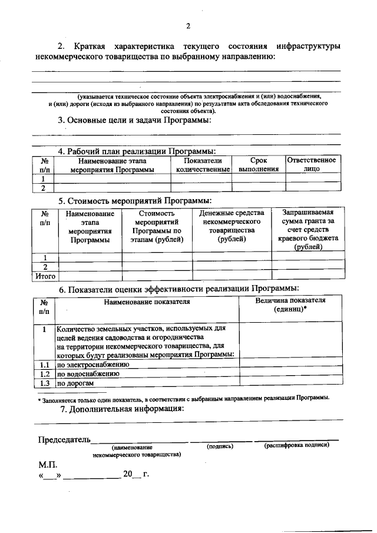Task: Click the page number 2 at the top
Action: click(x=188, y=25)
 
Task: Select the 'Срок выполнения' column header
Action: click(x=259, y=164)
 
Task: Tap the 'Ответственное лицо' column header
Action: click(x=312, y=164)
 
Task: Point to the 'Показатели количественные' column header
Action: click(x=203, y=164)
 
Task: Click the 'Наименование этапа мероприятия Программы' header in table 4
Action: click(x=112, y=164)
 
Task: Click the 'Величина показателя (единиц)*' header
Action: click(x=290, y=304)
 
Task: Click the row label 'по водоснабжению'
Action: click(x=88, y=373)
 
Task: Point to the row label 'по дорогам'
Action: click(x=75, y=383)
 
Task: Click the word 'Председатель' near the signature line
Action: click(x=64, y=439)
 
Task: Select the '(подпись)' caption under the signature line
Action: click(x=220, y=446)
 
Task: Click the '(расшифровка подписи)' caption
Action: click(x=297, y=445)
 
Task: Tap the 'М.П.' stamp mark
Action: click(x=48, y=465)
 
